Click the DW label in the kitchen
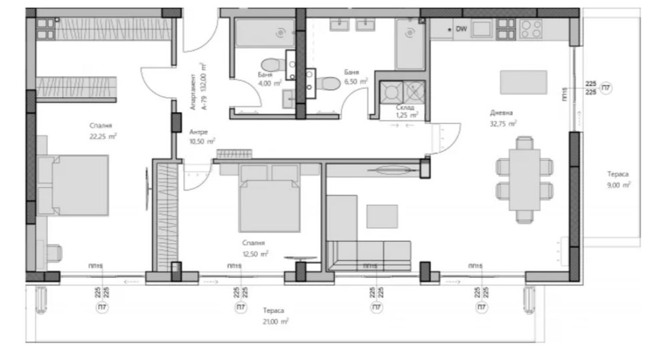click(461, 29)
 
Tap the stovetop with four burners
click(531, 28)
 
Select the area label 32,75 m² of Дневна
click(503, 124)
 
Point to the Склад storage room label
click(404, 107)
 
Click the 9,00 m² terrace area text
click(618, 185)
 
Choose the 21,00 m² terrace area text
click(275, 321)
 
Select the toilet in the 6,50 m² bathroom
click(327, 84)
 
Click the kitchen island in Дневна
click(524, 82)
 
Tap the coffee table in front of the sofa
click(382, 216)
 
